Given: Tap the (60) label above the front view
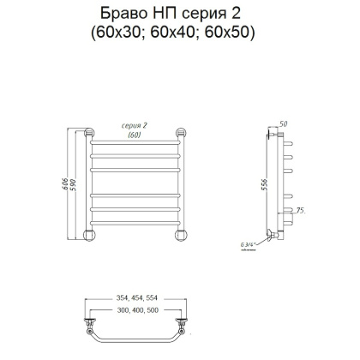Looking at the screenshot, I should point(134,135).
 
